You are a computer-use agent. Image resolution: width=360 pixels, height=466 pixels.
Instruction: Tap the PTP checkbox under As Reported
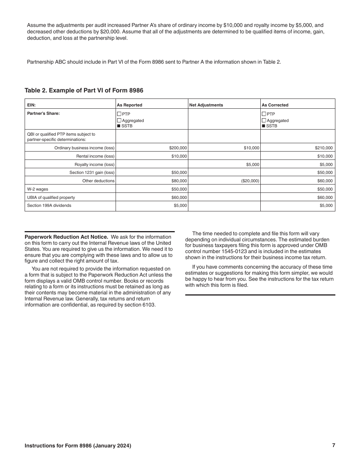(x=119, y=114)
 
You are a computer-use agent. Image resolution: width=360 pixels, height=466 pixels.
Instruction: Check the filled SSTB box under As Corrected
(x=264, y=126)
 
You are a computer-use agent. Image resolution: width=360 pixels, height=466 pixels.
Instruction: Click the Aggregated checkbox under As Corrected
(x=264, y=120)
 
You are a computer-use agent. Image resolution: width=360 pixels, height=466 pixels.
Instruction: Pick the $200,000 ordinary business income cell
(x=178, y=148)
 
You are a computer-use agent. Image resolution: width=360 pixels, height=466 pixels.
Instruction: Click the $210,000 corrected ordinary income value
(x=324, y=148)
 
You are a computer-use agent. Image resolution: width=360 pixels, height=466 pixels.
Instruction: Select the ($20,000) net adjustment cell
(x=250, y=181)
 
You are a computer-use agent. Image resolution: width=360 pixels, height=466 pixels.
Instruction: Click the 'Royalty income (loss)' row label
(x=94, y=164)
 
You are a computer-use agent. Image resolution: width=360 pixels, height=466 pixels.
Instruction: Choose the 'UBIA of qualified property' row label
(x=51, y=197)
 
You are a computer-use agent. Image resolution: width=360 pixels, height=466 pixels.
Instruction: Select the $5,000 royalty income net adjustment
(x=252, y=164)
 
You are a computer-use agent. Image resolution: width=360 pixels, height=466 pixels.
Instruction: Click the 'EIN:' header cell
(x=31, y=105)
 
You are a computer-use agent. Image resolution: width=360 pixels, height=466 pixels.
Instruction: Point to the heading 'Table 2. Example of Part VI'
(x=84, y=90)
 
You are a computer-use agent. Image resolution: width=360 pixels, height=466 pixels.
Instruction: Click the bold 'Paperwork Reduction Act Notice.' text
(x=66, y=237)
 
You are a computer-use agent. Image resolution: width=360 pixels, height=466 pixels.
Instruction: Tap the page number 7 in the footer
(x=333, y=446)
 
